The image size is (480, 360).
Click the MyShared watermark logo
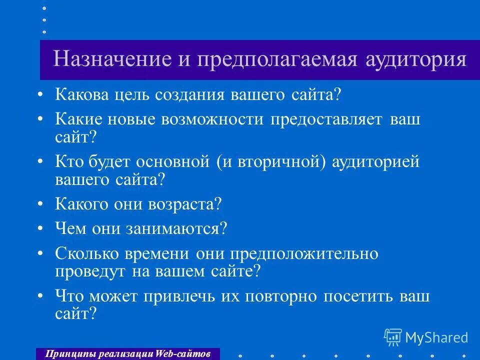point(426,337)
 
